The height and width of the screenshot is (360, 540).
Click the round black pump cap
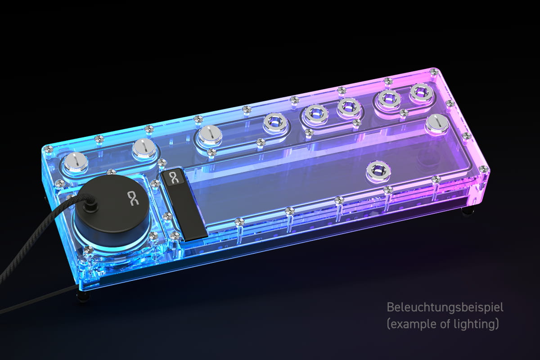pos(113,207)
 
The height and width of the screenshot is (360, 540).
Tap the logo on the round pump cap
pos(134,198)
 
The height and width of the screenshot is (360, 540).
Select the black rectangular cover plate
pos(184,204)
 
